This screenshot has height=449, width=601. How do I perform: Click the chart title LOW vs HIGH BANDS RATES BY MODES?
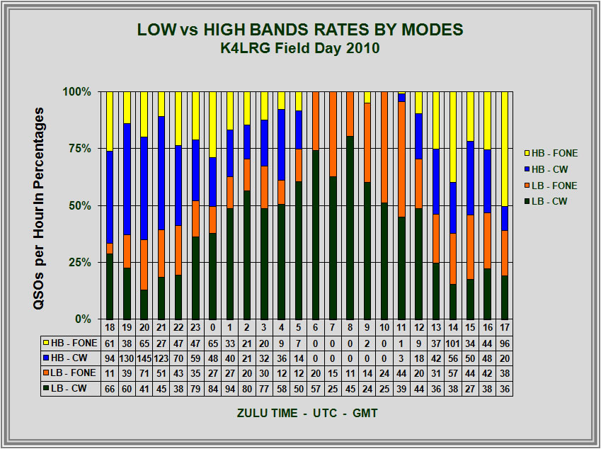click(300, 29)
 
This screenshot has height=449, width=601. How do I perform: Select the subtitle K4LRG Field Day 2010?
click(300, 48)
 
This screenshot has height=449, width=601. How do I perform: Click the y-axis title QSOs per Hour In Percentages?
click(40, 205)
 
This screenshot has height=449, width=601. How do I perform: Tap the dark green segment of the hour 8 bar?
click(350, 227)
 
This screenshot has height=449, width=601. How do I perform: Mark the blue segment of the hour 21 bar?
click(161, 173)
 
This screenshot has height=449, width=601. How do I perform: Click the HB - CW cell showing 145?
click(144, 358)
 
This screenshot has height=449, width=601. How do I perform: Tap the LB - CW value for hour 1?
click(230, 389)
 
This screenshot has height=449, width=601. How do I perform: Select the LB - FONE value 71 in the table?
click(144, 373)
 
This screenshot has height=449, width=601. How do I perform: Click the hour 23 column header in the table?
click(196, 327)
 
